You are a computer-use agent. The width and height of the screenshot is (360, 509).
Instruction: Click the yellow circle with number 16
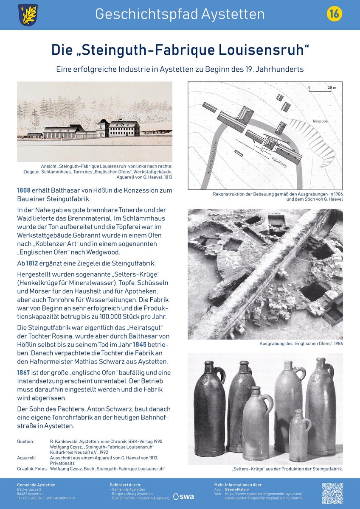click(334, 14)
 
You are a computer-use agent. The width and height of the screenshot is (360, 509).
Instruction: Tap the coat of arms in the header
click(28, 15)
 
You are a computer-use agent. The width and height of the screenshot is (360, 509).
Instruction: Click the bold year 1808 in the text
click(24, 190)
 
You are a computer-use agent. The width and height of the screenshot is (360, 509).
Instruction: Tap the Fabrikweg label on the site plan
click(279, 161)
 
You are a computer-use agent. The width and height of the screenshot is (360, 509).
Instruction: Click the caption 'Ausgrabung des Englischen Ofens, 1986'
click(301, 344)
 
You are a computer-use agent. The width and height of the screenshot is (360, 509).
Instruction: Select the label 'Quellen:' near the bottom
click(25, 442)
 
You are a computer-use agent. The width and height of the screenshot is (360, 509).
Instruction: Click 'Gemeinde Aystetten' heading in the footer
click(36, 484)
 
